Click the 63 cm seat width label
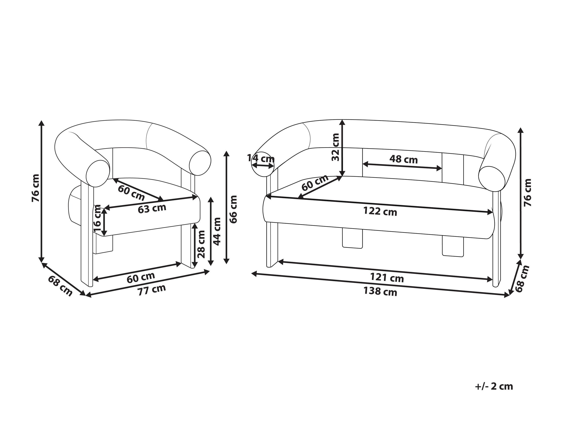pos(152,209)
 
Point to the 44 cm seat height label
pos(217,231)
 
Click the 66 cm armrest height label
pos(233,209)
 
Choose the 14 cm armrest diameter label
pos(261,159)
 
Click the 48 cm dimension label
pos(403,160)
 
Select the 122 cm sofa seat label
pos(380,211)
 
